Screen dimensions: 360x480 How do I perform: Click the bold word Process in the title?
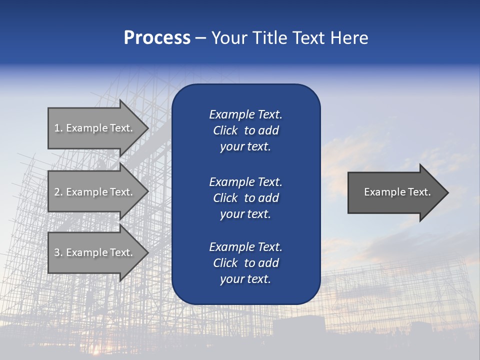click(157, 38)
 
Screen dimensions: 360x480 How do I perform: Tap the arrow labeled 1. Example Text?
click(93, 128)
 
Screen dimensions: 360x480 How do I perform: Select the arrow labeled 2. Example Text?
click(93, 192)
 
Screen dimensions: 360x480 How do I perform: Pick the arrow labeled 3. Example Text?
click(93, 252)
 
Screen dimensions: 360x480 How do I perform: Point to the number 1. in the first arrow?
click(58, 128)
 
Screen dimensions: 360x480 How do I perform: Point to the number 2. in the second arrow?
click(58, 192)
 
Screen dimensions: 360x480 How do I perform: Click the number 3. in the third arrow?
click(58, 252)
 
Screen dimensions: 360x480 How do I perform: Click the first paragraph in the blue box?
click(245, 130)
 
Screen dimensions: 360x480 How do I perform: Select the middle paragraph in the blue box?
click(245, 198)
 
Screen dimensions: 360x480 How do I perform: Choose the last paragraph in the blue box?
click(245, 263)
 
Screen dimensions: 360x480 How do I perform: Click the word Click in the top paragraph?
click(225, 130)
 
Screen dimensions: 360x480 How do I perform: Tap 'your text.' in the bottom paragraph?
click(245, 279)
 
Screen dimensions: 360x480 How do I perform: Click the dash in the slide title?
click(200, 38)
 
